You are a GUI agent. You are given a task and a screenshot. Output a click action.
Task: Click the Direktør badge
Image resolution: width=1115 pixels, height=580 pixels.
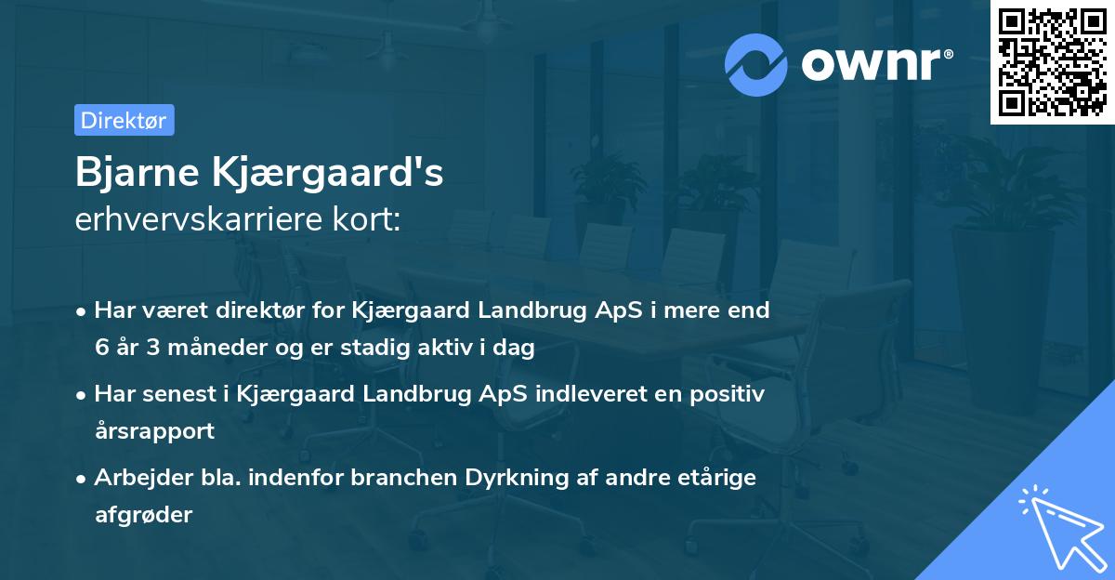(124, 120)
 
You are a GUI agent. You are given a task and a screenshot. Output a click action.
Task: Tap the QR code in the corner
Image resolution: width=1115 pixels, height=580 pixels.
(1052, 61)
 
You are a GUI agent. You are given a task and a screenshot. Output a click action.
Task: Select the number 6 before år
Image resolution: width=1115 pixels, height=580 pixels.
(100, 348)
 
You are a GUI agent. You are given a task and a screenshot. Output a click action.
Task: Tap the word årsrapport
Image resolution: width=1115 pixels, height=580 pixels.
(154, 430)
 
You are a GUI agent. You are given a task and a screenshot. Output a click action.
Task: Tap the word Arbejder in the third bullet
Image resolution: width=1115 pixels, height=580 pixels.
(138, 478)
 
